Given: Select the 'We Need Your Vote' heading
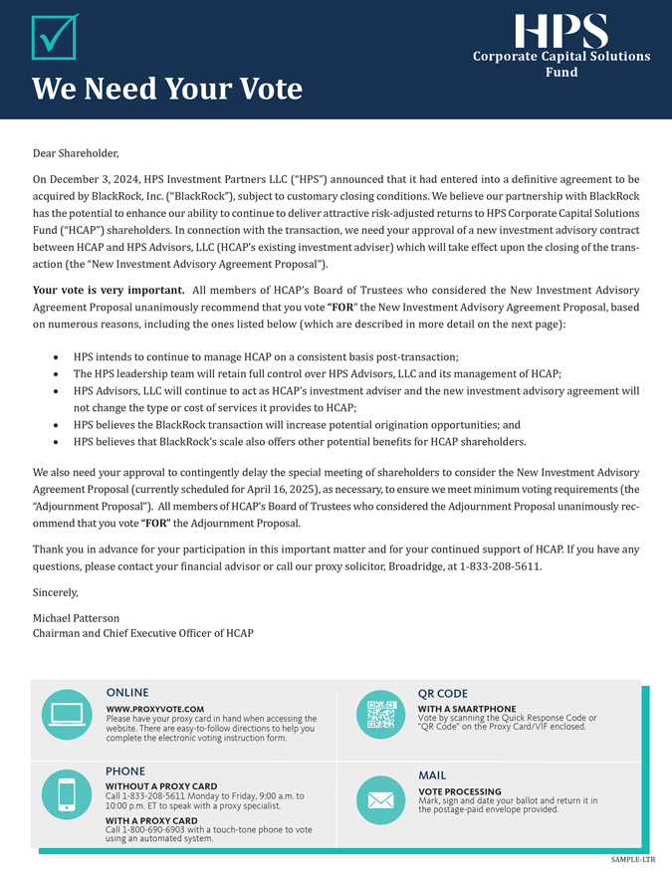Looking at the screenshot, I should click(167, 89).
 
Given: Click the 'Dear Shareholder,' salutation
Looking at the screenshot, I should click(76, 153).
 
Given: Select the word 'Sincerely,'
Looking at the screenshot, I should click(55, 592).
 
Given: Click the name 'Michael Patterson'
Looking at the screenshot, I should click(76, 618).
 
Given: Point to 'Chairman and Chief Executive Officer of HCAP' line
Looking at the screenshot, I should click(143, 633).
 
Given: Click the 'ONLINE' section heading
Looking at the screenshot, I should click(127, 693).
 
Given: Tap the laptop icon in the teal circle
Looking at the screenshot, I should click(67, 714).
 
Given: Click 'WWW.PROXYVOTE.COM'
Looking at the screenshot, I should click(154, 709).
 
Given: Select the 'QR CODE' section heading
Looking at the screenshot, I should click(443, 694).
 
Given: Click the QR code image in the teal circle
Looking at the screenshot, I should click(380, 715).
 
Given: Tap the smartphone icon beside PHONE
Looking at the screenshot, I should click(67, 795).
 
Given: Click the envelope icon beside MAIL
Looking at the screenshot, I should click(380, 800).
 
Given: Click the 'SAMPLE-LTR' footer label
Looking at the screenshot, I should click(633, 859).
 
